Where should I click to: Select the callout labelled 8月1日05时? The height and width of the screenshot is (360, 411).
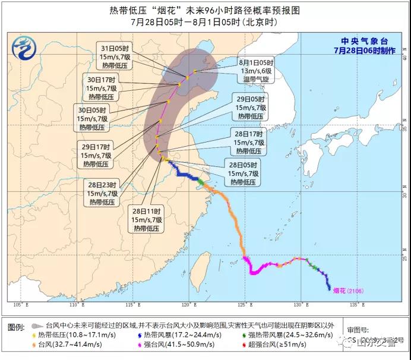coord(255,70)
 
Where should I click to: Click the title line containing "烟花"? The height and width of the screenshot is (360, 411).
coord(204,10)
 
